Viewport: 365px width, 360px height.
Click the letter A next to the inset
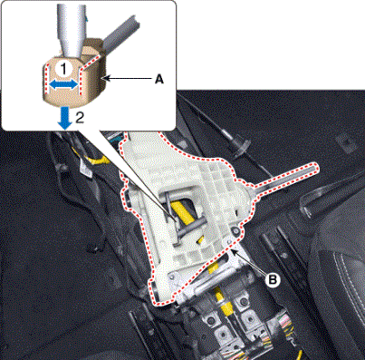tap(158, 79)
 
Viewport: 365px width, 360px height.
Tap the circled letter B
tap(273, 280)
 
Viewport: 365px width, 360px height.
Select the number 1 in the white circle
tap(63, 69)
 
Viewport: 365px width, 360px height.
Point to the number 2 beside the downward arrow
tap(79, 118)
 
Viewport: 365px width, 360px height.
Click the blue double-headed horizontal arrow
tap(63, 85)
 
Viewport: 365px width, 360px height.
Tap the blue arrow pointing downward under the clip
tap(65, 118)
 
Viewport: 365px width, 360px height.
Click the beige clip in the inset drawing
tap(74, 79)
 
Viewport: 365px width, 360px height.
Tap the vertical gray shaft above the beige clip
tap(72, 29)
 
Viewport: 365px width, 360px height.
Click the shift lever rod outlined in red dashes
tap(285, 179)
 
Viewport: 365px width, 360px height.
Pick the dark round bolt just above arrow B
tap(235, 231)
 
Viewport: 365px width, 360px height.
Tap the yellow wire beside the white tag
tap(98, 160)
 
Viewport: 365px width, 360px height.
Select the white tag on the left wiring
tap(84, 169)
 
